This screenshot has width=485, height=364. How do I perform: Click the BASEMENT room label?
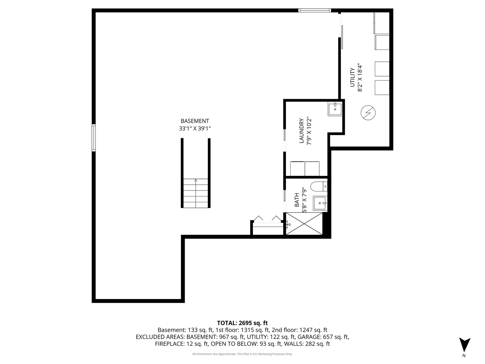(x=195, y=121)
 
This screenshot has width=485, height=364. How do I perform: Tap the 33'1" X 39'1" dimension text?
(x=195, y=128)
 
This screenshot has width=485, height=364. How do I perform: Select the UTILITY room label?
(x=352, y=77)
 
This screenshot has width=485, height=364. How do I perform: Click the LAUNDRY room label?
(x=301, y=131)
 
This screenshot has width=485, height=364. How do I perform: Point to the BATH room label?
(x=297, y=200)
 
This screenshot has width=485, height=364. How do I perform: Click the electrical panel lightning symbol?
(x=368, y=113)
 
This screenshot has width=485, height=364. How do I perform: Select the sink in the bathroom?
(x=320, y=203)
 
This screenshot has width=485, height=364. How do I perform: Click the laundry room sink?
(x=335, y=110)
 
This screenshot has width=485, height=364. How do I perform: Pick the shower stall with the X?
(x=304, y=223)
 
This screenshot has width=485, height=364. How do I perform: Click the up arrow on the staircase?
(x=196, y=181)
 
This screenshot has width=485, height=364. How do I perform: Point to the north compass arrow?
(x=464, y=344)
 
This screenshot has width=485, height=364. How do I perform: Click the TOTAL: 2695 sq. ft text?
(x=242, y=323)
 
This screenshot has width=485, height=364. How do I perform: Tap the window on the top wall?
(x=315, y=10)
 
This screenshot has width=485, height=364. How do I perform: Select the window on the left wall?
(x=94, y=138)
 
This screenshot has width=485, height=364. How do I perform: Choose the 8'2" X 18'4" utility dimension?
(x=361, y=77)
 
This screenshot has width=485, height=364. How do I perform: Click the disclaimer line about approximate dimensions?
(x=242, y=354)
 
